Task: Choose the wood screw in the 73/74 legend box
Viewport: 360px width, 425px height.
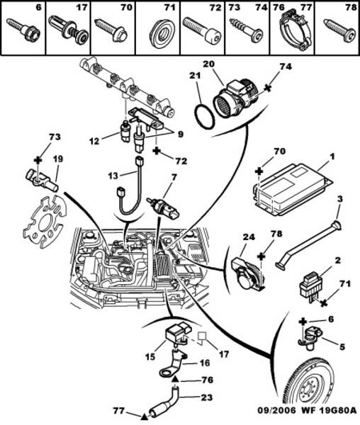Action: point(246,30)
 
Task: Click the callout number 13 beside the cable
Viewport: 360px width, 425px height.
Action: point(113,176)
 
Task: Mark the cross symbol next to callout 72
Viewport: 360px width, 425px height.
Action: point(157,151)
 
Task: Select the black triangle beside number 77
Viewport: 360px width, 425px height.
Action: point(145,416)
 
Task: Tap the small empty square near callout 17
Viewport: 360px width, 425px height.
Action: point(203,336)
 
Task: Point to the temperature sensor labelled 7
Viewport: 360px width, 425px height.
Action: point(163,208)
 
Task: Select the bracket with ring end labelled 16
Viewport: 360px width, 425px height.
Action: point(174,365)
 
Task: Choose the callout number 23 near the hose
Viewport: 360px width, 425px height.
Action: point(206,397)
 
